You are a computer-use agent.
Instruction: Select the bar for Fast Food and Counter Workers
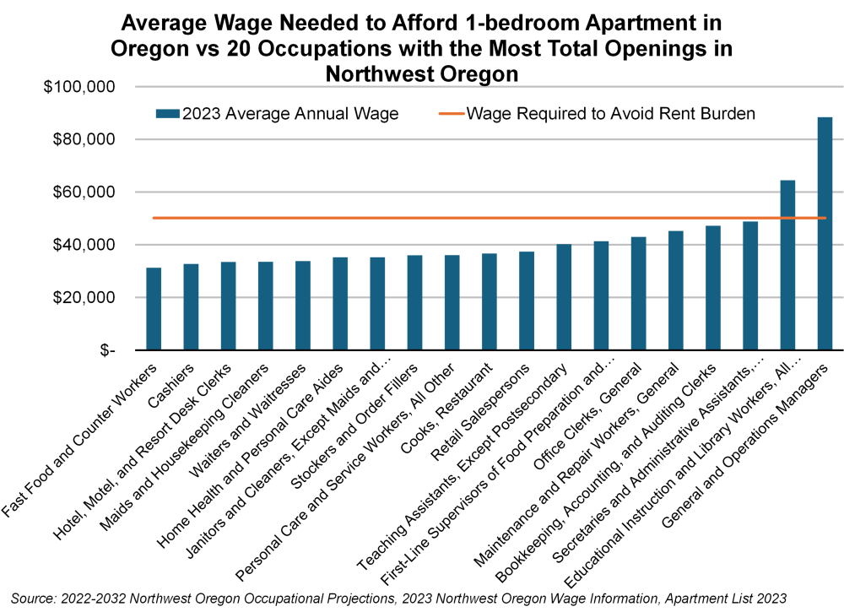[x=154, y=309]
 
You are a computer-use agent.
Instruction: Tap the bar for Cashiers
[x=191, y=307]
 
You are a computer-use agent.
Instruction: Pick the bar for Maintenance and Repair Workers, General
[x=676, y=290]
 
